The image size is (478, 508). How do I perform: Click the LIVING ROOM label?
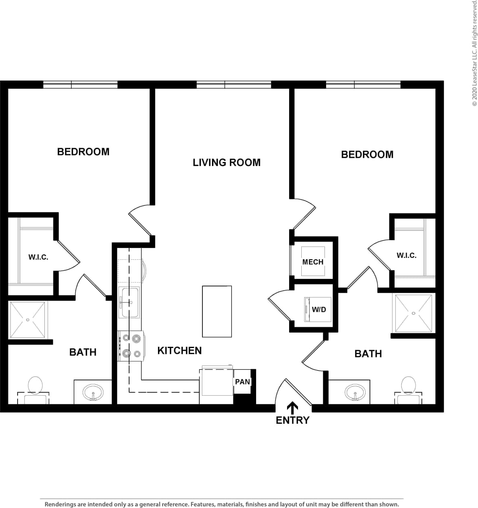tap(226, 162)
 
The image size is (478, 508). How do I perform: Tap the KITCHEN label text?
tap(179, 350)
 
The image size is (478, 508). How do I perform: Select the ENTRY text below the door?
tap(292, 420)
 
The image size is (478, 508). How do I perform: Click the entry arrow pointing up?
tap(292, 407)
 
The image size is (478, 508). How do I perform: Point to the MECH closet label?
tap(313, 262)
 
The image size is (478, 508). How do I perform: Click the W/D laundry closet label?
tap(319, 309)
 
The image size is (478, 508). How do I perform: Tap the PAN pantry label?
tap(242, 382)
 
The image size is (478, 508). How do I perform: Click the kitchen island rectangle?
tap(217, 311)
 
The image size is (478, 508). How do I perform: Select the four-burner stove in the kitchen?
tap(131, 346)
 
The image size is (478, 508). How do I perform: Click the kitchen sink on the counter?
tap(129, 302)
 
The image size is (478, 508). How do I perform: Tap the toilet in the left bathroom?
tap(35, 387)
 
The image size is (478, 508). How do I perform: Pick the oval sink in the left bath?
tap(93, 393)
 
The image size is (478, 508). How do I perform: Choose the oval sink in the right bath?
tap(355, 393)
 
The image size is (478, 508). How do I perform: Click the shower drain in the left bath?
tap(28, 320)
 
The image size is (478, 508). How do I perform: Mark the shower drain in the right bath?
tap(413, 313)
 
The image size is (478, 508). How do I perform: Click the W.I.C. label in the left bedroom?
tap(38, 257)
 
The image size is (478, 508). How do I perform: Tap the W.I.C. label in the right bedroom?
tap(406, 255)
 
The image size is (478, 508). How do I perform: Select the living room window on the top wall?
tap(234, 85)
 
